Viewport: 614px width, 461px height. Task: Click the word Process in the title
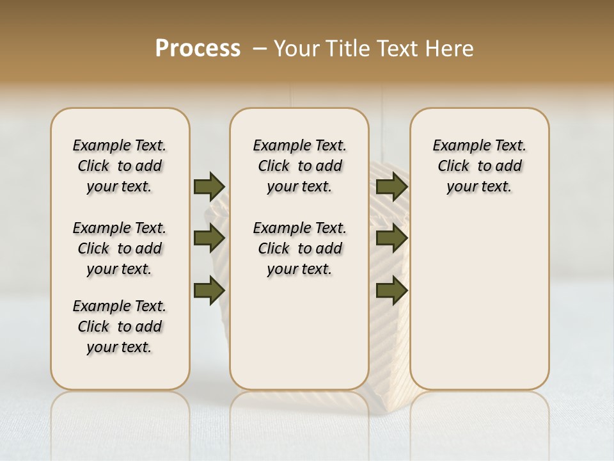[x=198, y=49]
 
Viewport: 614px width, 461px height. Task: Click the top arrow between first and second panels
[x=209, y=186]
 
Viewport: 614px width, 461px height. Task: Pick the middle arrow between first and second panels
[x=209, y=238]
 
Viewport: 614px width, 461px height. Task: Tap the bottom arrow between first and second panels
[x=209, y=289]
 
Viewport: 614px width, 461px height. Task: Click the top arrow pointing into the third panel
[x=391, y=186]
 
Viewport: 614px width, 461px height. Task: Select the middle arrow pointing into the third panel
[x=391, y=238]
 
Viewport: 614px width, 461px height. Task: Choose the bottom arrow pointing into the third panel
[x=391, y=291]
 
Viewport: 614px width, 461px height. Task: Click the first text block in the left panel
[x=120, y=166]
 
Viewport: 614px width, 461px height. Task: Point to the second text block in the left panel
[x=120, y=248]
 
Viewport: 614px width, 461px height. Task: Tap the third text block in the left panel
[x=120, y=327]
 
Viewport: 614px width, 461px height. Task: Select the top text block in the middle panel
[x=299, y=166]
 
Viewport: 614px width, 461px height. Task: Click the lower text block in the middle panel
[x=299, y=248]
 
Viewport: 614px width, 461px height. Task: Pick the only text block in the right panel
[x=479, y=166]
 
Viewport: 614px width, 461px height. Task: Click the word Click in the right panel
[x=453, y=166]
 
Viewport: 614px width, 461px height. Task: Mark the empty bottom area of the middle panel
[x=299, y=339]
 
